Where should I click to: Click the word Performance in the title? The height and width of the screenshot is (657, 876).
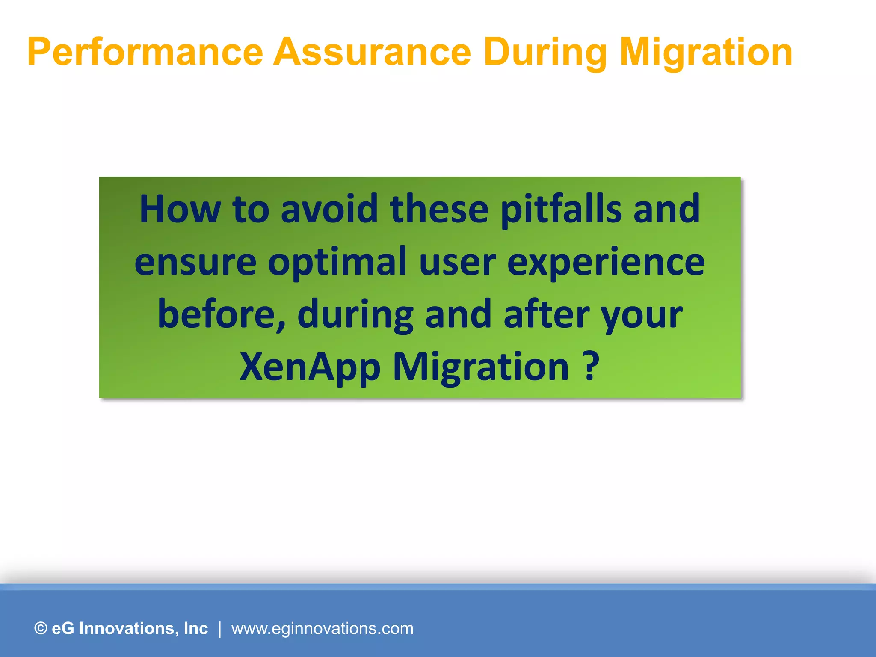coord(145,52)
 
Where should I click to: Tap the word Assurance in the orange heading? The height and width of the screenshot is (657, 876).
coord(372,52)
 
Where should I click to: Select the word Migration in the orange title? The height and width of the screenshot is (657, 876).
coord(706,52)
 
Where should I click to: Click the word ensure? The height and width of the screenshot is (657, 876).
coord(195,262)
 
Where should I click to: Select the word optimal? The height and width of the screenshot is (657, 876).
coord(337,262)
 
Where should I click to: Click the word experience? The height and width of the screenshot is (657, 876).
coord(606,262)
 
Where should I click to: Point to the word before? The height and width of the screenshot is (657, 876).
coord(222,314)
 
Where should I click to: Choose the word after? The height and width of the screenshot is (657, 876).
coord(546,314)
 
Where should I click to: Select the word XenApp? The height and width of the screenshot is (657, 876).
coord(310,367)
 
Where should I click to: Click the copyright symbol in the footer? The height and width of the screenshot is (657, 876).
coord(41,628)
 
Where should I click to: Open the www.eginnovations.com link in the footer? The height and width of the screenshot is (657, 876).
coord(322,628)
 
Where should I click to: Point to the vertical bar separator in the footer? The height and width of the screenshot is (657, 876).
coord(220,628)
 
